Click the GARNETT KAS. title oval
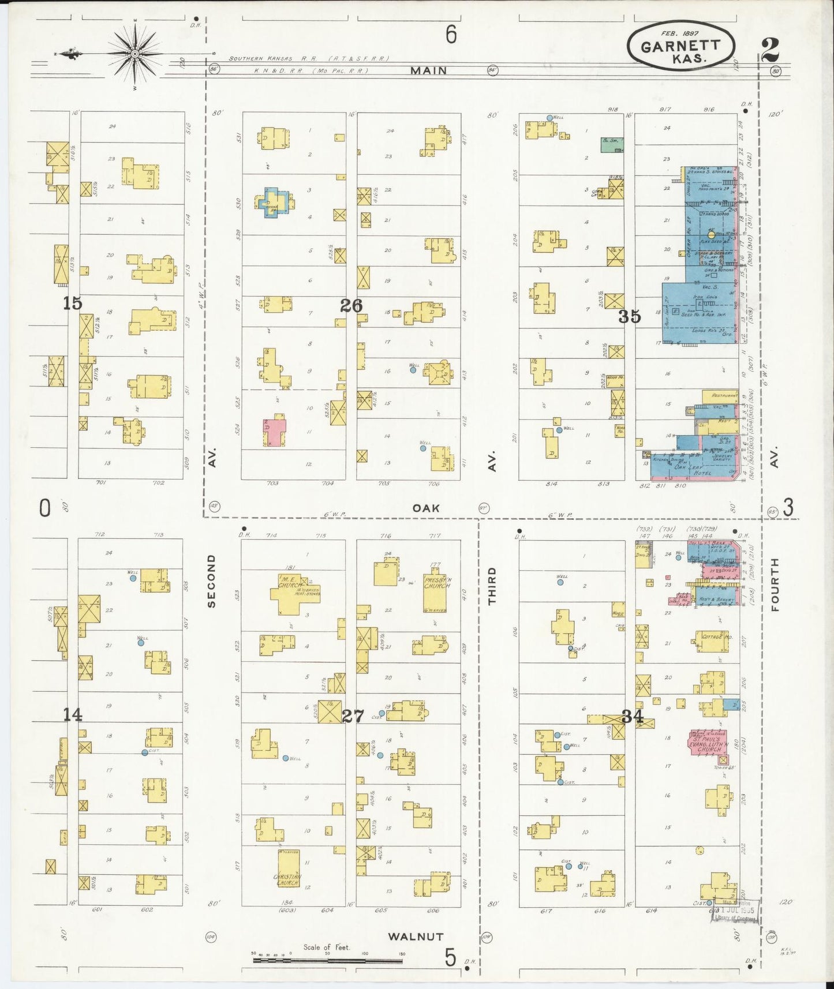681,48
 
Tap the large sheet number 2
769,50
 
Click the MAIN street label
429,70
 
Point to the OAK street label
426,508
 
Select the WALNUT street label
415,936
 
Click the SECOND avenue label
211,580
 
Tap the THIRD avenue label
492,586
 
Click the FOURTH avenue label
774,584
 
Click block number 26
351,305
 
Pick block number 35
630,316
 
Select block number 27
353,716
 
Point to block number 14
73,715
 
